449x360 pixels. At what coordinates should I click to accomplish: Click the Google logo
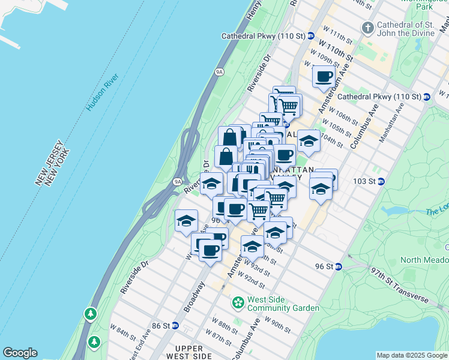tap(20, 353)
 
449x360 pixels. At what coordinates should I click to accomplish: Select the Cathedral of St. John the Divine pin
tap(367, 28)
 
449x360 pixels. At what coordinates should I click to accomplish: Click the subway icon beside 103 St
tap(381, 181)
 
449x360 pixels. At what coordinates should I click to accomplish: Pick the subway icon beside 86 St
tap(175, 326)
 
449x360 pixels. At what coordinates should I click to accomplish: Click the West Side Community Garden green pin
tap(238, 303)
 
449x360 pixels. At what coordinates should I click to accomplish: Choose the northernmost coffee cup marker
tap(324, 76)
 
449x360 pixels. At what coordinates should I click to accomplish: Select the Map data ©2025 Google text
tap(412, 355)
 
